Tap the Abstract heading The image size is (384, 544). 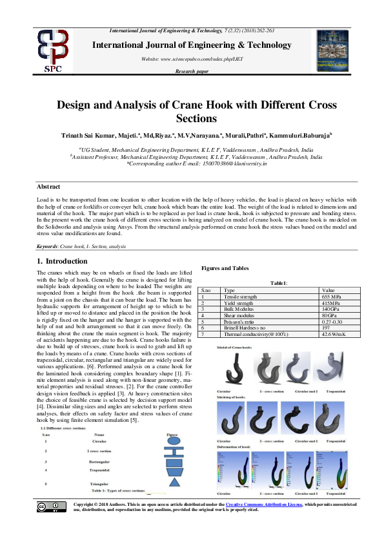[49, 185]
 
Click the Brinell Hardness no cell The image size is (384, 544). [245, 328]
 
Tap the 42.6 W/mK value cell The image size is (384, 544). [334, 334]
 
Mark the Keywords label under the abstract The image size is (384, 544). [47, 247]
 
